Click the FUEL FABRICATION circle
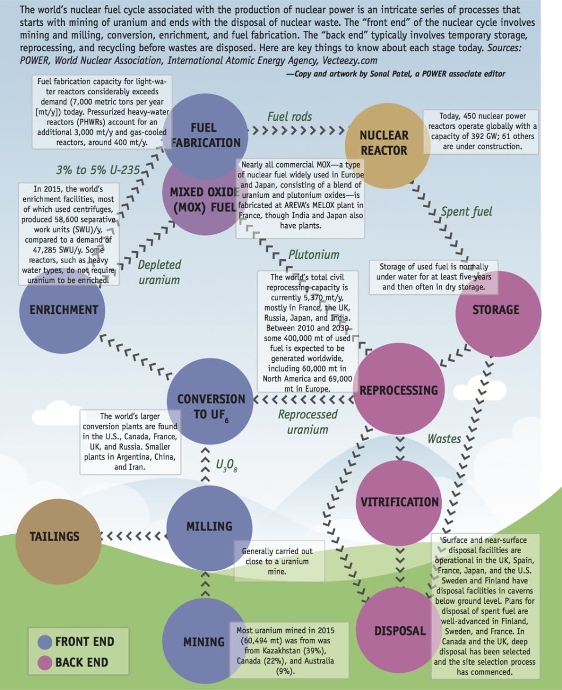coord(205,135)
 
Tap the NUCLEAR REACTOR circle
coord(384,143)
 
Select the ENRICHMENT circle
coord(63,309)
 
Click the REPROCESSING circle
coord(399,390)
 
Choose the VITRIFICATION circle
coord(399,502)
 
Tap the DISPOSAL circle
coord(399,630)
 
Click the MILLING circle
coord(209,526)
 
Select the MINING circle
coord(204,641)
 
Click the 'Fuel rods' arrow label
coord(289,116)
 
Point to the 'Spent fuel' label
coord(466,211)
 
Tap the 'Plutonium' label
coord(314,254)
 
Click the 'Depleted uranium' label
coord(159,272)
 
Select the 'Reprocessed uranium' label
coord(308,422)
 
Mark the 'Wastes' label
coord(444,439)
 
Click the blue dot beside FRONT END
coord(45,642)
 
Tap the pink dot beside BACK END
coord(45,663)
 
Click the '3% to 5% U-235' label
coord(98,170)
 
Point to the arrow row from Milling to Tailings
coord(134,536)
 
